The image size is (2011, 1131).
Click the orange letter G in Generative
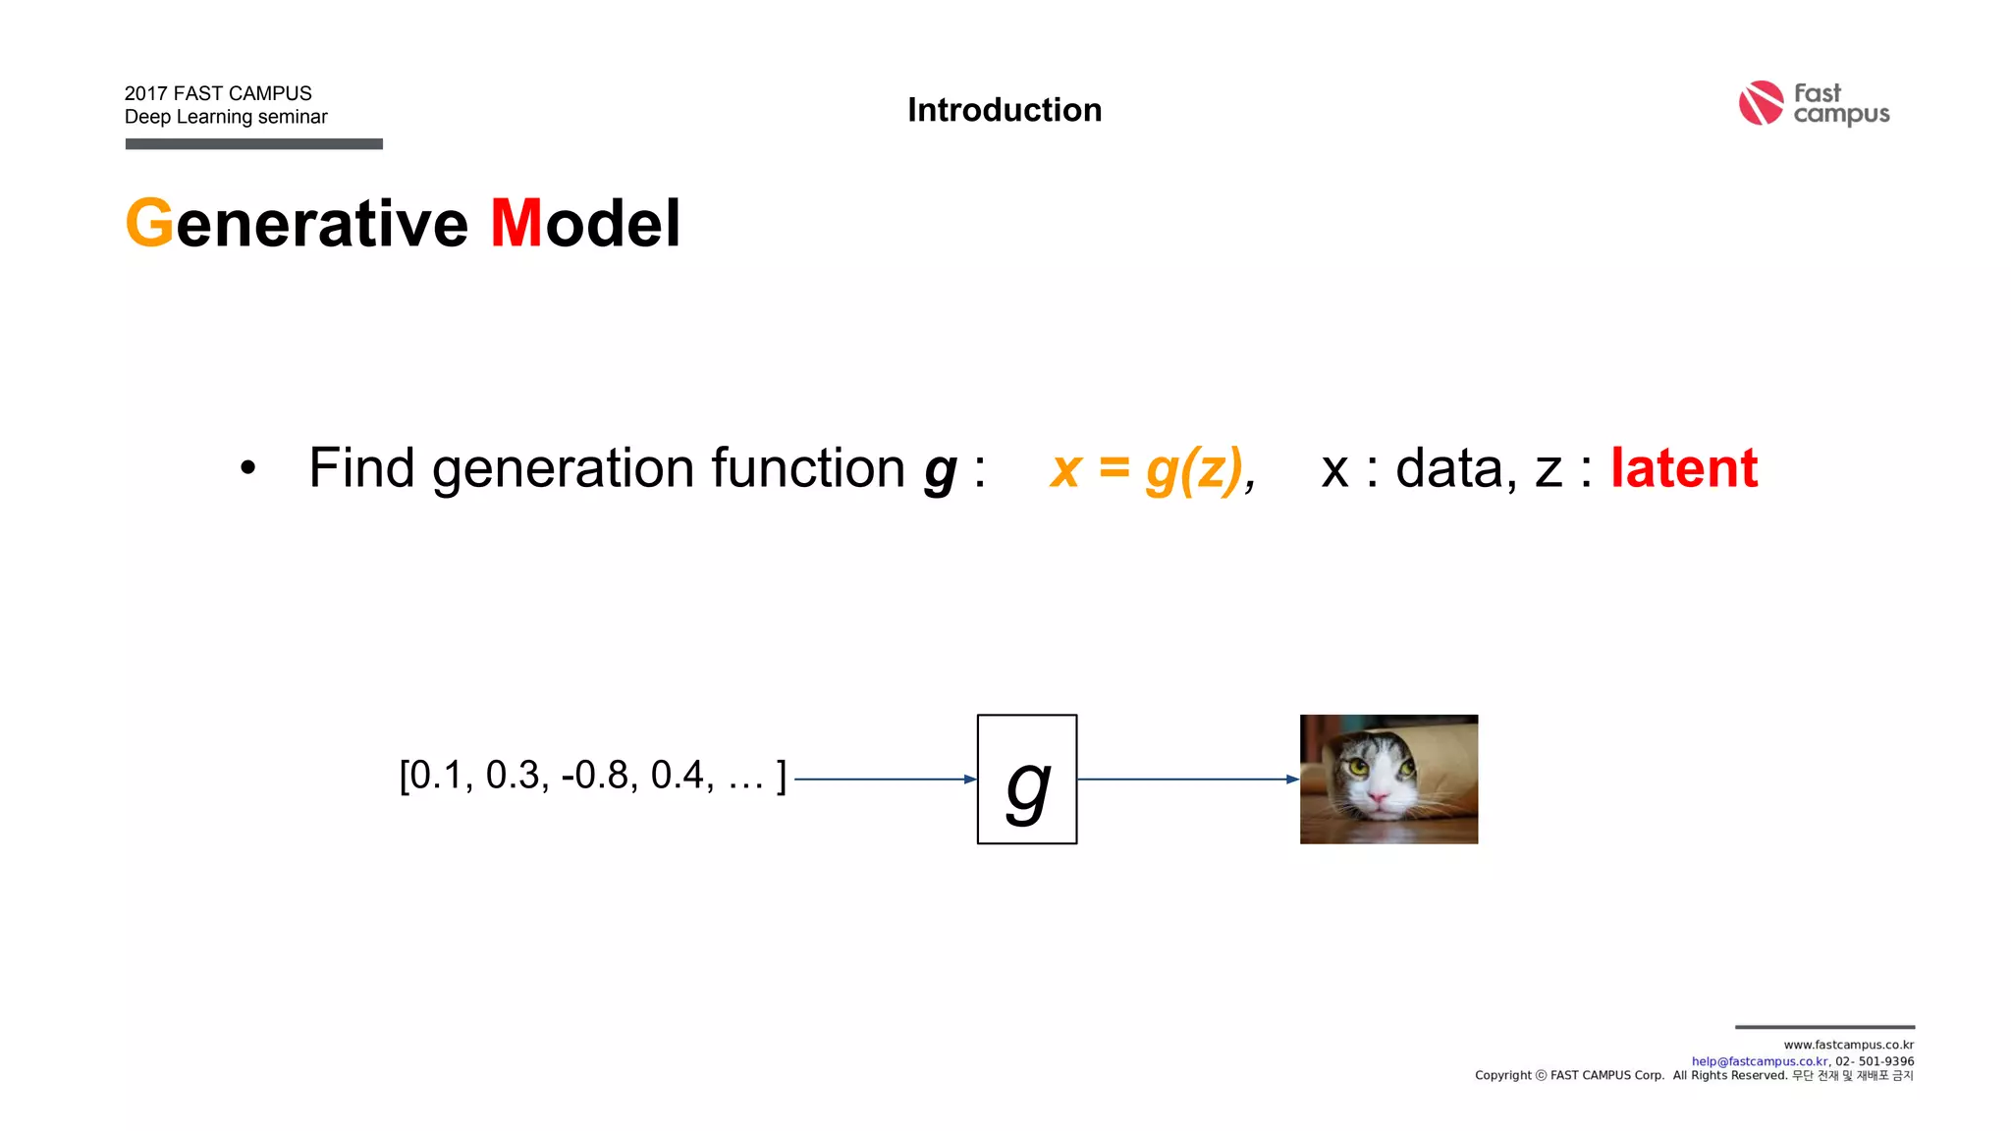(x=149, y=224)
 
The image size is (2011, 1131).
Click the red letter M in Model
(x=516, y=224)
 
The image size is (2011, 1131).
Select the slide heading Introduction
(x=1005, y=110)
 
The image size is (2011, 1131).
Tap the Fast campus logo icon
(x=1761, y=103)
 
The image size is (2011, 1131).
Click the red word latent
(x=1683, y=468)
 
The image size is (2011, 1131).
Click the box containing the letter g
(x=1027, y=779)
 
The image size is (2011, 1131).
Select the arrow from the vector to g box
(x=884, y=780)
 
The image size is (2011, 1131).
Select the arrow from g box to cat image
(x=1188, y=780)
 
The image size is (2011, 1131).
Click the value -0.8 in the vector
(x=594, y=776)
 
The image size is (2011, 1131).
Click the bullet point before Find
(x=247, y=469)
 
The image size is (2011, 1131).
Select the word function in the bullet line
(x=807, y=468)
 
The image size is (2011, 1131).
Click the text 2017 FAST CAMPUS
(x=218, y=93)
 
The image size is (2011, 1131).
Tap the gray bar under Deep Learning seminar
(x=253, y=144)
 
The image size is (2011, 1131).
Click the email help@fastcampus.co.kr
(x=1759, y=1061)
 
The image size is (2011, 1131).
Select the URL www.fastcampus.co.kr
(x=1848, y=1045)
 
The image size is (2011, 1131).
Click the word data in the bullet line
(x=1448, y=468)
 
